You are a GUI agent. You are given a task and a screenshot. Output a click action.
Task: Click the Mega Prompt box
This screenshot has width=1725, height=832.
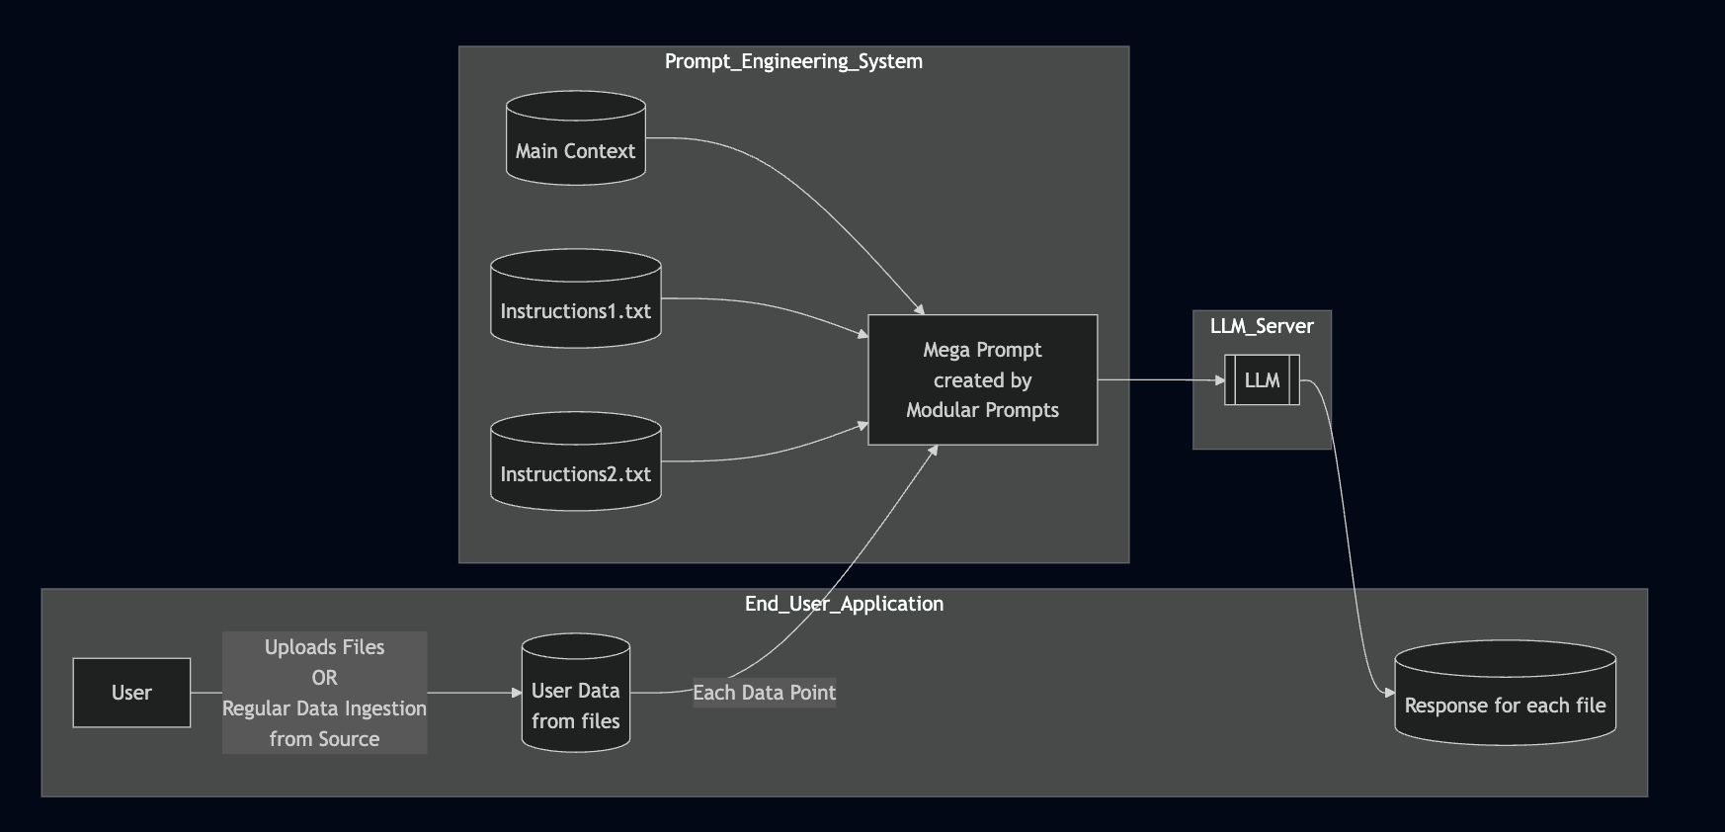(982, 380)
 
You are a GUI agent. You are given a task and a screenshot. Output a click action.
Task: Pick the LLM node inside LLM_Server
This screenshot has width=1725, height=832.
(1262, 380)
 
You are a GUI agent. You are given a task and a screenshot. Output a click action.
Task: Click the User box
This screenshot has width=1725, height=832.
(131, 693)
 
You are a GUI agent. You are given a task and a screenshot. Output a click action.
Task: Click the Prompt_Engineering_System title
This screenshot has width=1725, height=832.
(793, 61)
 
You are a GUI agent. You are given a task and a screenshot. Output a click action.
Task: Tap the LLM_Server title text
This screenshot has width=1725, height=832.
(1262, 326)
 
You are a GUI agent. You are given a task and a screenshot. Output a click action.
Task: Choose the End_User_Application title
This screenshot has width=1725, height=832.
(844, 604)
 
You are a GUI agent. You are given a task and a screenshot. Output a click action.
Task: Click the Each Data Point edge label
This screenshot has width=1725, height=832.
(764, 693)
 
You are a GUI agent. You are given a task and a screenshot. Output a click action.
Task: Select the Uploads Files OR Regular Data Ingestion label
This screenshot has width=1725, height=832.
(324, 693)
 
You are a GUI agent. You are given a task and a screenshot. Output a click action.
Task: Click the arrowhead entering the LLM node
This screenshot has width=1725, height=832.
(1219, 380)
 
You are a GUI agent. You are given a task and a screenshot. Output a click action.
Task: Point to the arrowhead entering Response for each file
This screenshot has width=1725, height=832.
(1389, 694)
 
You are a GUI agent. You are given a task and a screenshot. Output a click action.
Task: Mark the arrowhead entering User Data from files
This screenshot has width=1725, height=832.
(516, 693)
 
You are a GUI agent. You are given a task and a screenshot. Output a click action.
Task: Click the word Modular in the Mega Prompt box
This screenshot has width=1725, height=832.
(942, 410)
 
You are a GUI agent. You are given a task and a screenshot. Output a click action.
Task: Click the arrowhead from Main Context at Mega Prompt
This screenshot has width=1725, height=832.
(920, 309)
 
